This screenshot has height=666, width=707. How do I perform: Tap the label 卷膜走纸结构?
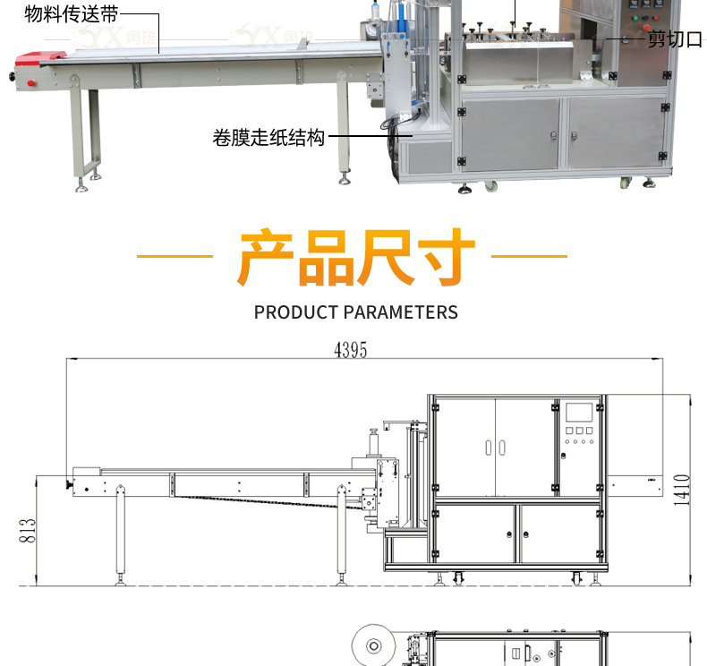268,139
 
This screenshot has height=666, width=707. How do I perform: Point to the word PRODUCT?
295,312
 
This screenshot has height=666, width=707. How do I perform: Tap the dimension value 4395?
351,350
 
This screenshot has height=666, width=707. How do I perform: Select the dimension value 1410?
682,490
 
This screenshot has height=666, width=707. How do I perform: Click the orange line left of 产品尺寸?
175,257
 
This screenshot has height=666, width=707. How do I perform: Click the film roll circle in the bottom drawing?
370,645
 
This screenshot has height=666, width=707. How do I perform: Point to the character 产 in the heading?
266,257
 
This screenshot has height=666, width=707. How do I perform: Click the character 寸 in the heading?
445,257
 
